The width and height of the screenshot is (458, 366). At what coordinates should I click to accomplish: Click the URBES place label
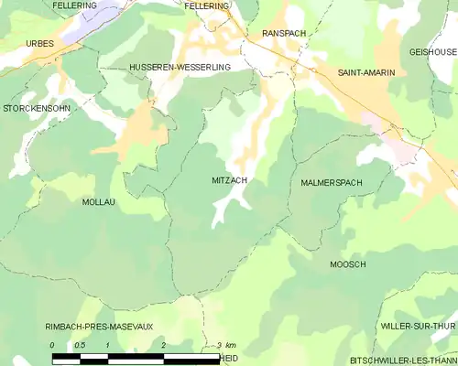pyautogui.click(x=40, y=43)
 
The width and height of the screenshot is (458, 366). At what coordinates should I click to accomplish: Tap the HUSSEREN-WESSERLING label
pyautogui.click(x=180, y=68)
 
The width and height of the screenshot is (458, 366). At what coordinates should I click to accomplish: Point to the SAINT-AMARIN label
pyautogui.click(x=366, y=71)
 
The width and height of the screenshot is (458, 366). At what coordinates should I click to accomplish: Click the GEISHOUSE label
pyautogui.click(x=432, y=52)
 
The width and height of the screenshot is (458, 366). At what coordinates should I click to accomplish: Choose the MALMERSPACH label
pyautogui.click(x=331, y=183)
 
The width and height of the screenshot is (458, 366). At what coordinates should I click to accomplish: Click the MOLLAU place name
pyautogui.click(x=99, y=201)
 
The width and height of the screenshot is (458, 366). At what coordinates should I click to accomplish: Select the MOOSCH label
pyautogui.click(x=348, y=264)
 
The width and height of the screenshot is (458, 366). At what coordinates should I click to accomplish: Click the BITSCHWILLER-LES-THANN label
pyautogui.click(x=403, y=361)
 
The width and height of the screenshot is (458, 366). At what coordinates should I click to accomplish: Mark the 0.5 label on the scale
pyautogui.click(x=81, y=345)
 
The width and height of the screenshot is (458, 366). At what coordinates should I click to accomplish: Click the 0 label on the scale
pyautogui.click(x=52, y=345)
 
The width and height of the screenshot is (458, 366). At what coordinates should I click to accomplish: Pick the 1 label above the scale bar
pyautogui.click(x=108, y=345)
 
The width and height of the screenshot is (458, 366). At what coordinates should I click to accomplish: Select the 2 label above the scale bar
pyautogui.click(x=163, y=345)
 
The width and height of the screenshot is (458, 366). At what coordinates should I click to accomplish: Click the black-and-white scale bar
pyautogui.click(x=136, y=356)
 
